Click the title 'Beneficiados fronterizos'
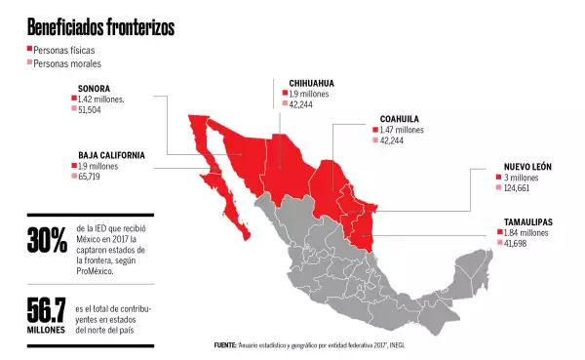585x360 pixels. click(100, 27)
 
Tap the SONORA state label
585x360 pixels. click(94, 89)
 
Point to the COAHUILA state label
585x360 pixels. click(400, 119)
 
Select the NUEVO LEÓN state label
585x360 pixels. click(527, 167)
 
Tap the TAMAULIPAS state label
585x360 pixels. click(528, 222)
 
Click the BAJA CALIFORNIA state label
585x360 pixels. click(112, 155)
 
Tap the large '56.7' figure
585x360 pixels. click(48, 311)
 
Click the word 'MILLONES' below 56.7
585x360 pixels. click(48, 331)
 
